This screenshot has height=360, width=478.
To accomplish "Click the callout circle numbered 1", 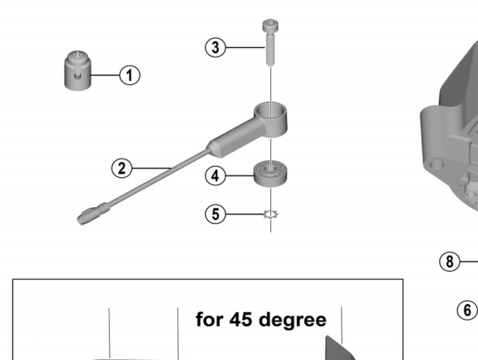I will [129, 75].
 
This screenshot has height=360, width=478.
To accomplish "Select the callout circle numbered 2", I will [121, 168].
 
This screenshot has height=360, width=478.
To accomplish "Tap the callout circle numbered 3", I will [214, 47].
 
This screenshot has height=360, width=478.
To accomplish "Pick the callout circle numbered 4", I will [214, 175].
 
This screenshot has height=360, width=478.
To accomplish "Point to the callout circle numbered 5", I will [214, 214].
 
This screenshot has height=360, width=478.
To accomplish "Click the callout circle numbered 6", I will [466, 309].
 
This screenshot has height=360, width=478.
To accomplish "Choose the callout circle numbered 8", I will [449, 261].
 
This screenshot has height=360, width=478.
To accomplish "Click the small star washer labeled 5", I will [271, 214].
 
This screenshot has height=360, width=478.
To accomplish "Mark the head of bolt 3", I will [270, 28].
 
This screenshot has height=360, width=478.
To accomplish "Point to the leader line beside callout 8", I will [469, 261].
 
